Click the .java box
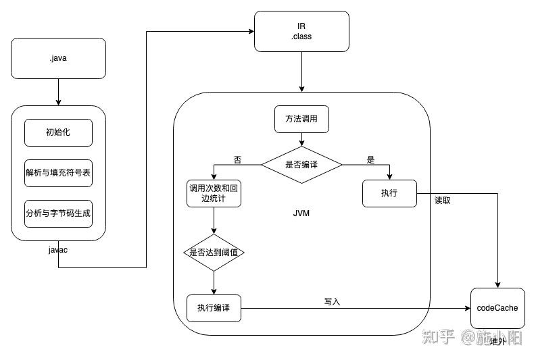tap(58, 58)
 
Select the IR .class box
tap(301, 31)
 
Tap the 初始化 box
tap(58, 132)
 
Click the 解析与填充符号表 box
tap(58, 173)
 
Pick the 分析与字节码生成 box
tap(58, 213)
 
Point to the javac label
tap(58, 250)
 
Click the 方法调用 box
tap(301, 119)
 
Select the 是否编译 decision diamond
tap(301, 163)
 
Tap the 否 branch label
tap(237, 160)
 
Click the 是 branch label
tap(370, 160)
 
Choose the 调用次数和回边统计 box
tap(214, 193)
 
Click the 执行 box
tap(389, 193)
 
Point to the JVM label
tap(301, 213)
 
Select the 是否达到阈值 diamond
tap(214, 252)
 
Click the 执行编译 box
tap(214, 308)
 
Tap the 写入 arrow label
tap(332, 301)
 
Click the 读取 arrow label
tap(442, 200)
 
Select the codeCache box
tap(497, 308)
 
